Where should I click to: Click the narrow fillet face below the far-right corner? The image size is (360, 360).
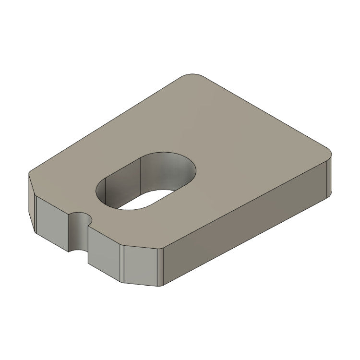coord(329,178)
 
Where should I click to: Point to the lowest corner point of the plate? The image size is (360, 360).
coord(162,287)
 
